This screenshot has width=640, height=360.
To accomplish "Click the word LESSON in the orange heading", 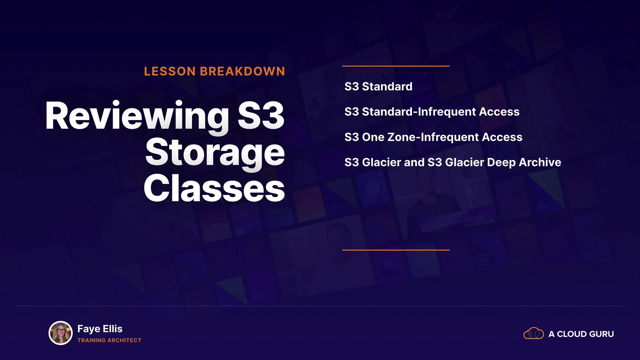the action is tap(170, 71).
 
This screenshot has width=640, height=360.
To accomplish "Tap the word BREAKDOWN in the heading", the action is tap(242, 71).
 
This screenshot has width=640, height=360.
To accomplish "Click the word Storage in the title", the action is tap(215, 153).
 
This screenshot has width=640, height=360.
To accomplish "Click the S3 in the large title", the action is tap(261, 115).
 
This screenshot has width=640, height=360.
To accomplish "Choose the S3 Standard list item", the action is tap(378, 87).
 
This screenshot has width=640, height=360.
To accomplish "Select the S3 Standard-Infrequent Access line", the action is tap(432, 112).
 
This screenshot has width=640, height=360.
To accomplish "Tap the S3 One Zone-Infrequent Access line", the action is tap(433, 137).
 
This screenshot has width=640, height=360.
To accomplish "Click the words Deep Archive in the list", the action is tap(524, 162).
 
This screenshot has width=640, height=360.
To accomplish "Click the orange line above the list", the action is tap(396, 66).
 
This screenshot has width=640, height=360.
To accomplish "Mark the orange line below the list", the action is tap(396, 250).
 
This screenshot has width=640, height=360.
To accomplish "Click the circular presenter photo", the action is tap(61, 333).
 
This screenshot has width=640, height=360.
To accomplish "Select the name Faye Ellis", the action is tap(100, 329).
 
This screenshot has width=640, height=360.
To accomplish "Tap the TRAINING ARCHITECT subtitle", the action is tap(109, 340).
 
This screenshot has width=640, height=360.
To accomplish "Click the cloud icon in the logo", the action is tap(534, 333).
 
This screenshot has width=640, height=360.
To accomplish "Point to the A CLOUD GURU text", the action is tap(581, 334).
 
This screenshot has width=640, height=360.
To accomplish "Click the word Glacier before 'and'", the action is tap(382, 162).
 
